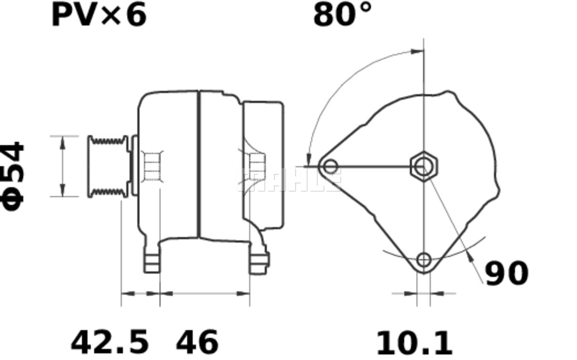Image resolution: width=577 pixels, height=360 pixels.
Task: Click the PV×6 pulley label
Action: [x=99, y=15]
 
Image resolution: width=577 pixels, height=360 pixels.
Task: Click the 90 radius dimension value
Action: [x=507, y=273]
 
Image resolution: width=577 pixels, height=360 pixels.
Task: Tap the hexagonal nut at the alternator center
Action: [x=424, y=167]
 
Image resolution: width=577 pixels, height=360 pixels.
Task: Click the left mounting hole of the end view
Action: [x=330, y=167]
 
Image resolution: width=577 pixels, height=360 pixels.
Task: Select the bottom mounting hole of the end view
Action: [x=424, y=260]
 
